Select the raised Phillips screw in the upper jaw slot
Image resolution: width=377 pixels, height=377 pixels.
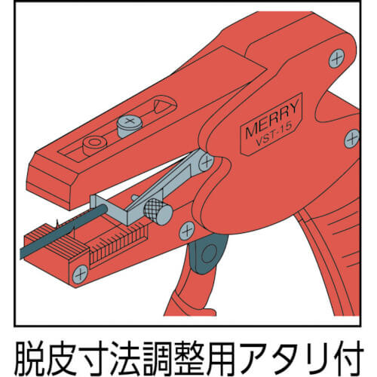click(x=130, y=126)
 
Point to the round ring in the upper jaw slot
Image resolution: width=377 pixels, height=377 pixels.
click(x=95, y=145)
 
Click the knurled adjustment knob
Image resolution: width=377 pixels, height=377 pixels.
click(x=158, y=211)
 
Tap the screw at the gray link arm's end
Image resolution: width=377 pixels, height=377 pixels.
click(x=206, y=162)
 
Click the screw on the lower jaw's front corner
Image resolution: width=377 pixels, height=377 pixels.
click(x=80, y=274)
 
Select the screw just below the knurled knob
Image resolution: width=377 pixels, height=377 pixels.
click(x=187, y=231)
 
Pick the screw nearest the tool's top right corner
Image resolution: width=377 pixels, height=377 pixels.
click(x=337, y=59)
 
